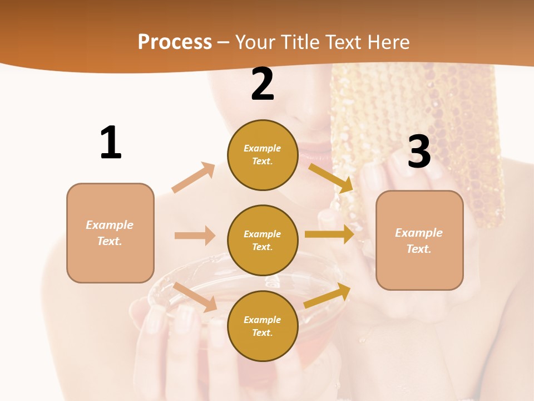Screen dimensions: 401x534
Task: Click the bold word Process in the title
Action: click(x=175, y=42)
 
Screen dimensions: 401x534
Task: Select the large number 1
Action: click(x=111, y=143)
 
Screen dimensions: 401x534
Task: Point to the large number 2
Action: click(x=263, y=84)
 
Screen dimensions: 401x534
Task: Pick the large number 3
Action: click(x=419, y=151)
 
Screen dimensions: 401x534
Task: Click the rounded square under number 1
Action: click(x=110, y=233)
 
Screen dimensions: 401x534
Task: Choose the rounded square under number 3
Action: click(x=419, y=240)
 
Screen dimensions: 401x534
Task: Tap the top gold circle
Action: click(x=263, y=155)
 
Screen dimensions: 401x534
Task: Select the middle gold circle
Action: click(x=263, y=240)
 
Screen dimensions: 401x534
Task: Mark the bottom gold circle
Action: click(x=263, y=326)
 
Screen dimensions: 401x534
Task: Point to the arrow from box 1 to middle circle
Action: click(x=195, y=236)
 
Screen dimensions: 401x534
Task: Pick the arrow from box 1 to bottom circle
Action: click(x=195, y=297)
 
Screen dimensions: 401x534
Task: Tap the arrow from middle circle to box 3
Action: click(x=329, y=234)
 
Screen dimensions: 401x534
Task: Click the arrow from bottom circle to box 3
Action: click(x=327, y=296)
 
